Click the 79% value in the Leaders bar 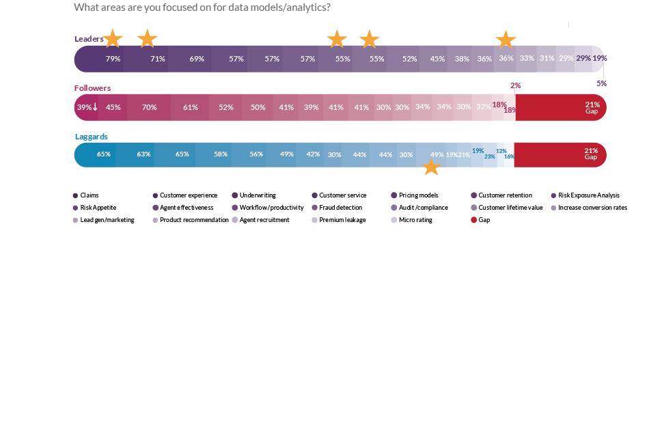pyautogui.click(x=113, y=59)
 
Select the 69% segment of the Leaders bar pyautogui.click(x=197, y=59)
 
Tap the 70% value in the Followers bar pyautogui.click(x=150, y=107)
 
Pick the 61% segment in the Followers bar pyautogui.click(x=191, y=107)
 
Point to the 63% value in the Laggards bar pyautogui.click(x=143, y=154)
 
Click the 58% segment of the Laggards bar pyautogui.click(x=221, y=154)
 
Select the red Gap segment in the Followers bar pyautogui.click(x=560, y=107)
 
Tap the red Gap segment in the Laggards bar pyautogui.click(x=559, y=154)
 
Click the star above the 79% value pyautogui.click(x=113, y=39)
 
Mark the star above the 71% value pyautogui.click(x=147, y=38)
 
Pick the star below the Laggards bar pyautogui.click(x=432, y=167)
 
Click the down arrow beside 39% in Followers pyautogui.click(x=95, y=107)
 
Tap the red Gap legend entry pyautogui.click(x=484, y=220)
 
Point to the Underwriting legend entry pyautogui.click(x=257, y=195)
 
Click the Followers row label pyautogui.click(x=92, y=88)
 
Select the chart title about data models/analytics pyautogui.click(x=202, y=8)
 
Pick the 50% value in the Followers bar pyautogui.click(x=258, y=107)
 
